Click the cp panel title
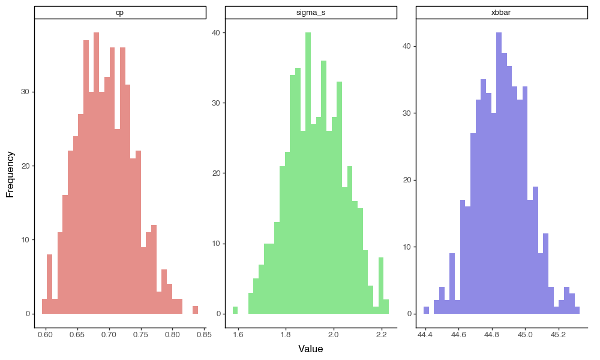120,13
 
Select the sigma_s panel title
311,13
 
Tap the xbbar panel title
501,13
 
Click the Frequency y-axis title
10,175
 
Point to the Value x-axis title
311,349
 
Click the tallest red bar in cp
97,173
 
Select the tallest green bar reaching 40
308,173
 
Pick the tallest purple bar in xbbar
499,173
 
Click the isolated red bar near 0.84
195,310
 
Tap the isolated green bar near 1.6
235,310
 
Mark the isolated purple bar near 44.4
426,310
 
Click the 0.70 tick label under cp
109,335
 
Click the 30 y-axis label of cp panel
26,92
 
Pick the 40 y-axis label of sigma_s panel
216,32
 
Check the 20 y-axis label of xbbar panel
407,180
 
